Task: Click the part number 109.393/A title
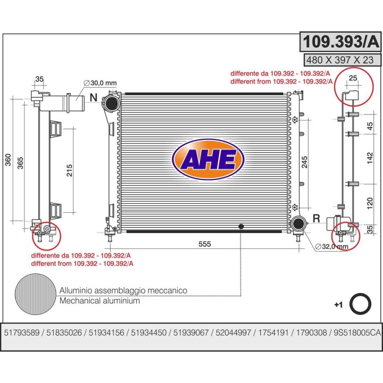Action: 334,41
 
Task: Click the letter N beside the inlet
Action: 94,98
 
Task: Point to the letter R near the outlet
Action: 315,218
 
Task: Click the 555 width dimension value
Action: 205,244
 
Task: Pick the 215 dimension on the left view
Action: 69,170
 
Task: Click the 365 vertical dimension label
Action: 21,163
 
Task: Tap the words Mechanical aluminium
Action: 99,301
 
